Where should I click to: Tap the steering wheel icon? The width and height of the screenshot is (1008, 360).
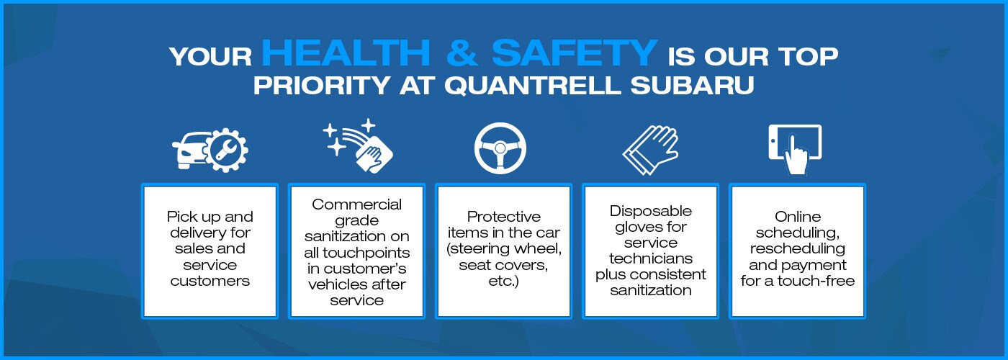pyautogui.click(x=500, y=148)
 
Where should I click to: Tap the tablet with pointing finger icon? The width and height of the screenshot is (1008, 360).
pyautogui.click(x=795, y=149)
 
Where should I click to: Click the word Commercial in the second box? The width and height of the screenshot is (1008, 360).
pyautogui.click(x=357, y=204)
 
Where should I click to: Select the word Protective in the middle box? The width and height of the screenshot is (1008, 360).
pyautogui.click(x=504, y=217)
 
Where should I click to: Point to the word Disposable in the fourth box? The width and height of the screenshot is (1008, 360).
pyautogui.click(x=651, y=211)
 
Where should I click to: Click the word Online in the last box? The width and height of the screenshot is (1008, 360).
pyautogui.click(x=798, y=217)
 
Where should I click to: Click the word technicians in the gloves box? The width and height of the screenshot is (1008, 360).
pyautogui.click(x=650, y=258)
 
